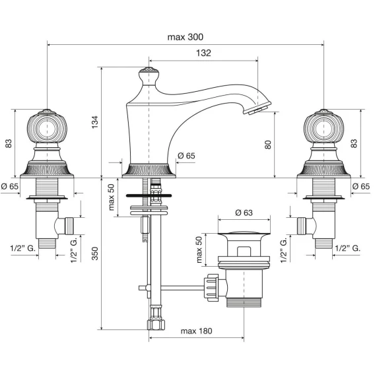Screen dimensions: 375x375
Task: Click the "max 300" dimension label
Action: pos(186,37)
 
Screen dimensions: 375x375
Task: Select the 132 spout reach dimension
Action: pos(203,53)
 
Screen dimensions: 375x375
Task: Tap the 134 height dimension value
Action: pos(95,122)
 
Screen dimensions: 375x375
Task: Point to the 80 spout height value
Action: pos(268,145)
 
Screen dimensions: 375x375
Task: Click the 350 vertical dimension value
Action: pos(95,254)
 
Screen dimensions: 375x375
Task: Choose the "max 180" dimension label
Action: pos(196,331)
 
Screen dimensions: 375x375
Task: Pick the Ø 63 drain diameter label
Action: pos(244,213)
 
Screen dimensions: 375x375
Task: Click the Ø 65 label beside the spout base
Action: pos(186,156)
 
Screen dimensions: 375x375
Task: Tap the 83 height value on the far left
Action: pos(8,143)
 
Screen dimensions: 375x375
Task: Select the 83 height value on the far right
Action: pos(354,143)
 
